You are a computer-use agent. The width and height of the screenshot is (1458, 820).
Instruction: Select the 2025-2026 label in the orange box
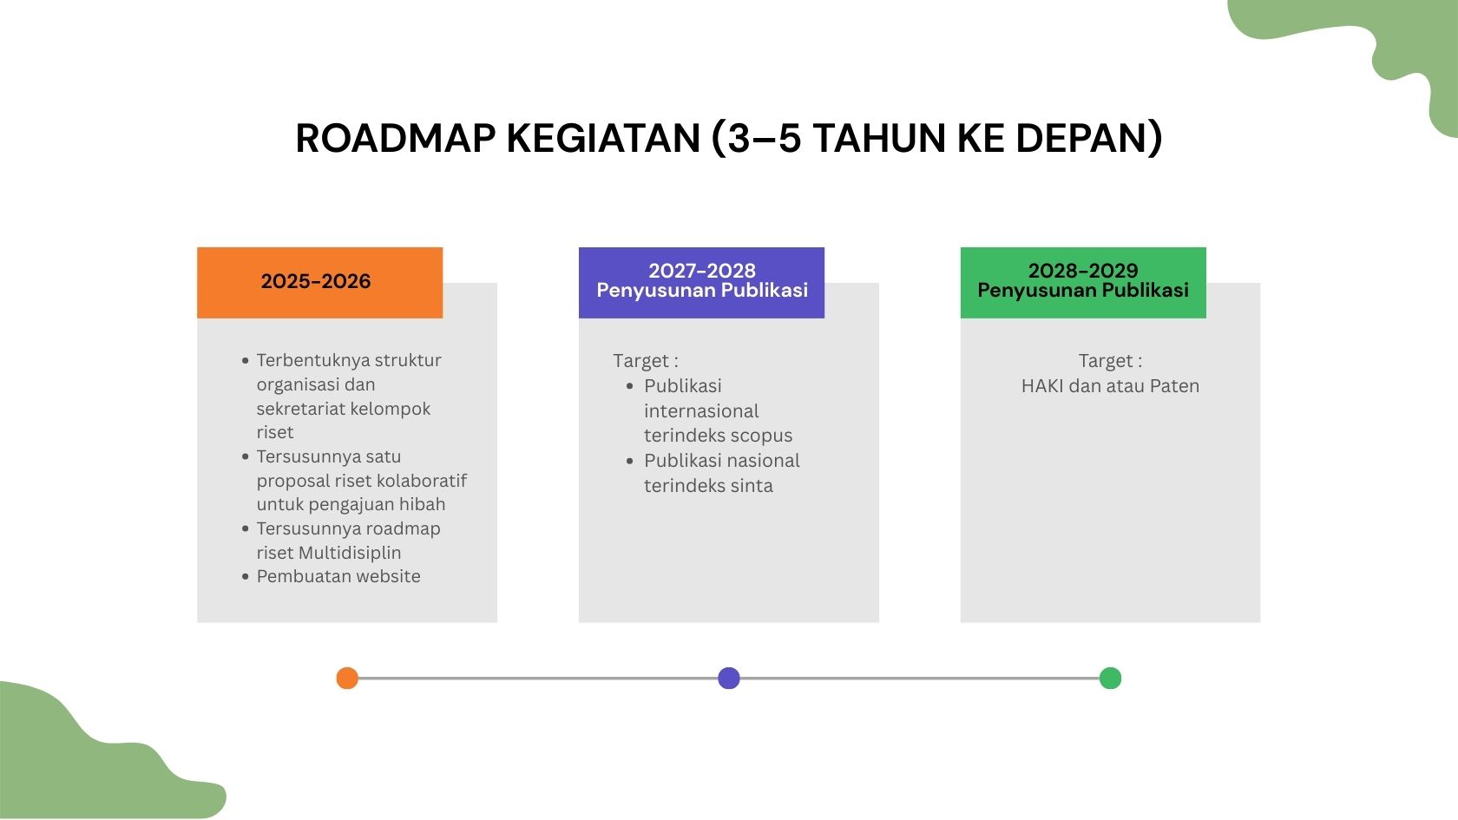tap(316, 281)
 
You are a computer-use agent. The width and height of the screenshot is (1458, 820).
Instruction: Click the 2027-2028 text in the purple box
tap(701, 271)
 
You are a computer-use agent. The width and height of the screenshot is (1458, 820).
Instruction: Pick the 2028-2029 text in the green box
tap(1083, 271)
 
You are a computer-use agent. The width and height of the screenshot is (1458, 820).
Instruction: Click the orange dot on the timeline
tap(347, 679)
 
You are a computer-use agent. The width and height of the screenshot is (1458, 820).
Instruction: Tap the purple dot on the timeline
tap(729, 679)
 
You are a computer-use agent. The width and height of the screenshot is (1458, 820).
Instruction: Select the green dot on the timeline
tap(1111, 679)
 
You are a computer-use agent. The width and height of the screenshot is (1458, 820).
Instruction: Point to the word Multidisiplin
tap(350, 553)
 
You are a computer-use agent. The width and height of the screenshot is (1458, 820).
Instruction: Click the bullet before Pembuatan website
tap(246, 576)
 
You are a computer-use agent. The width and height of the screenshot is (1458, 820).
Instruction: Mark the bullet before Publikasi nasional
tap(629, 461)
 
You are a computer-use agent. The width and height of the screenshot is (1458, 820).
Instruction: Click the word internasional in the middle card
tap(701, 411)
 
